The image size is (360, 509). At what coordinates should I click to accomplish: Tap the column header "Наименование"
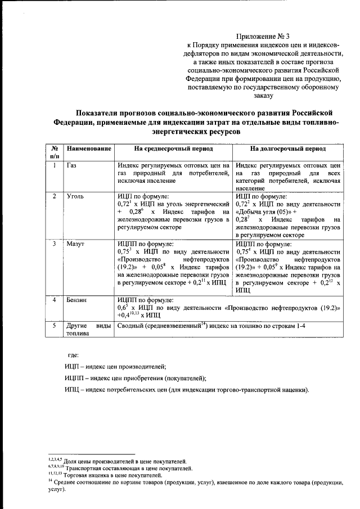88,150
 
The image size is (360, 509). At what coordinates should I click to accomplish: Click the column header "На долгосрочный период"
288,150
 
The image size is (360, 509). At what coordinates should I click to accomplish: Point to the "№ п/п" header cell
55,152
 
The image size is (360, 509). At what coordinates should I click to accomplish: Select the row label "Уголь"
75,196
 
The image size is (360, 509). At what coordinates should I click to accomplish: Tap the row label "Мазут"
76,244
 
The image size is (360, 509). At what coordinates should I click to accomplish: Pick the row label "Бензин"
77,300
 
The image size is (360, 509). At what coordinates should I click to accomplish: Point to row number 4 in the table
55,300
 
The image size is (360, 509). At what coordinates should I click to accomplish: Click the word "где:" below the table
74,354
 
